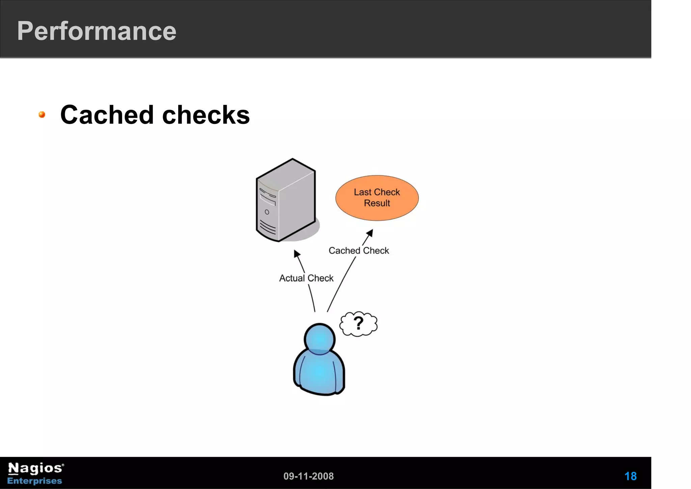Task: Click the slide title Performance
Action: click(96, 31)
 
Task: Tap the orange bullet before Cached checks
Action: click(42, 115)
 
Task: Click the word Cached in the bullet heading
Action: click(107, 115)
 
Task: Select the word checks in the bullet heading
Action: click(206, 115)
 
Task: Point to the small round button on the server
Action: click(267, 212)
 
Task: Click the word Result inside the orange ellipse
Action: click(377, 203)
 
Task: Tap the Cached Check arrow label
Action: click(359, 251)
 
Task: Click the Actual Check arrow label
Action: click(306, 278)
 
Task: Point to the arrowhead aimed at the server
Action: click(297, 254)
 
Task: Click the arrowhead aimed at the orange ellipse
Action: click(370, 233)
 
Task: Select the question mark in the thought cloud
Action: click(358, 323)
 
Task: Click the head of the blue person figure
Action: click(320, 339)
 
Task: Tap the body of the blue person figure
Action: click(319, 373)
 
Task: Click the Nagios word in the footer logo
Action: click(35, 468)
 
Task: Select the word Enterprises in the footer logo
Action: click(35, 481)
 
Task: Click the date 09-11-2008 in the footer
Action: click(308, 476)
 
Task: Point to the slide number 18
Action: click(630, 476)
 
